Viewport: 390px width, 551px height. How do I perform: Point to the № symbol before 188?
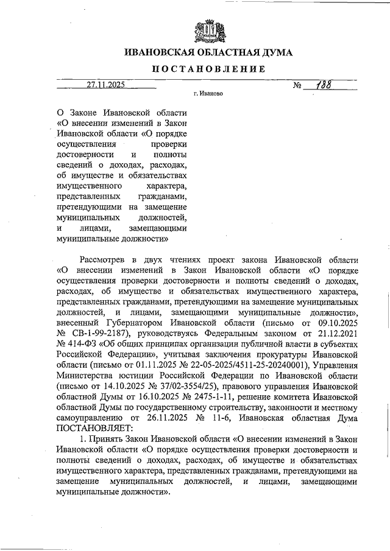pos(298,86)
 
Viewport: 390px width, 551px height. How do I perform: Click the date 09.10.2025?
pos(336,323)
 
